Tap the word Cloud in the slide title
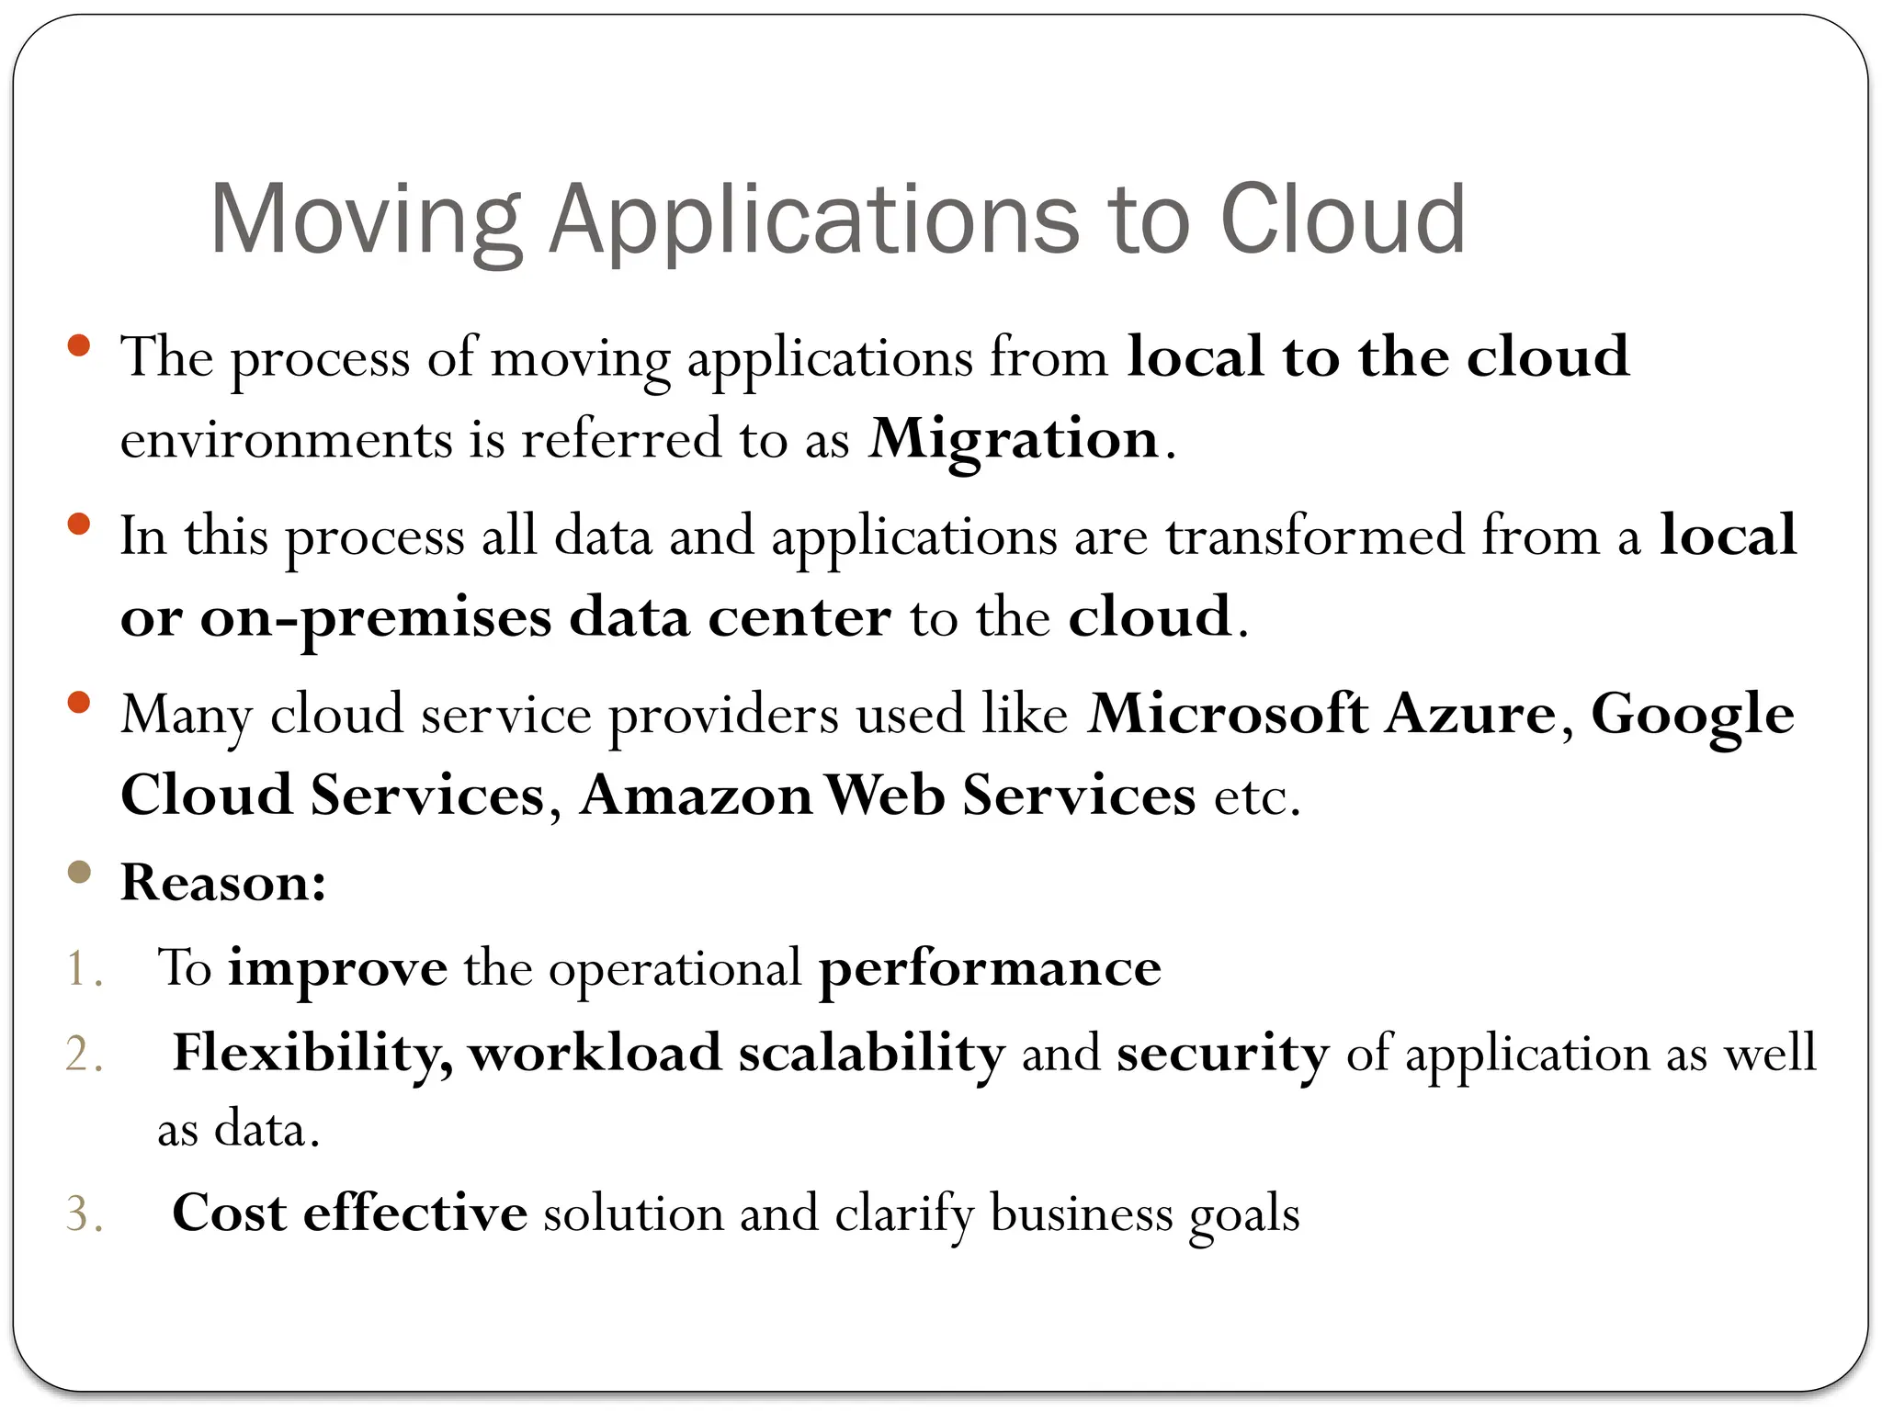(x=1343, y=220)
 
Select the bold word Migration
(x=1015, y=439)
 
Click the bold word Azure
(x=1470, y=714)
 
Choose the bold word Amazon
(x=697, y=796)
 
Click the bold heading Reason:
(x=223, y=883)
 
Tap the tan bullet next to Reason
(x=79, y=872)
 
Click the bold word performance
(x=990, y=969)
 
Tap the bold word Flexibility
(x=312, y=1054)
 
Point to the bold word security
(x=1222, y=1054)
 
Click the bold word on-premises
(x=376, y=617)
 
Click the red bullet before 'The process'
(x=79, y=346)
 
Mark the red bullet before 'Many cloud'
(x=79, y=703)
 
